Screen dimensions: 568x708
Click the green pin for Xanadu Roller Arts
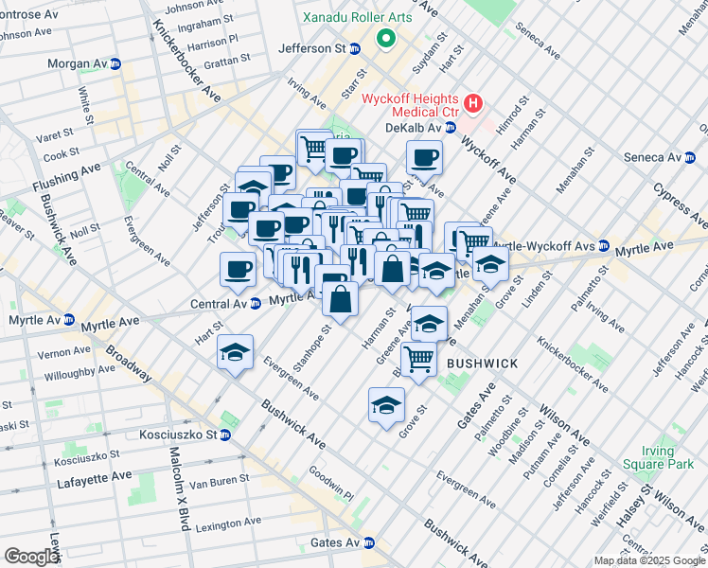[x=385, y=39]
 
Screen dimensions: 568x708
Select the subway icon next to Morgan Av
[x=115, y=63]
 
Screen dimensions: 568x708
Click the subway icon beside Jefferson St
[x=355, y=48]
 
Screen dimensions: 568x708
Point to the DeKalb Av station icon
[x=451, y=128]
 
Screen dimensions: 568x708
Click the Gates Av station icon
[x=369, y=543]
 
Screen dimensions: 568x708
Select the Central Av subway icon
[x=255, y=304]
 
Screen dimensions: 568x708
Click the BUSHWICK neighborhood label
[x=482, y=364]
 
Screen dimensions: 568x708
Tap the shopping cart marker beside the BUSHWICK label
[x=417, y=359]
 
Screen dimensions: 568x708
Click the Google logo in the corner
[x=31, y=557]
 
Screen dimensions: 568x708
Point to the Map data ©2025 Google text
[x=648, y=560]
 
